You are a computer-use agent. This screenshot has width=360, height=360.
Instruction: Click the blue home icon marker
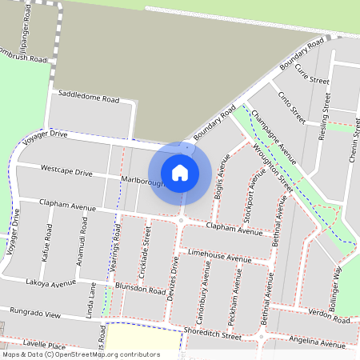click(x=180, y=172)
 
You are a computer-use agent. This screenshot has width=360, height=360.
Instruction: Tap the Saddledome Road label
click(x=94, y=100)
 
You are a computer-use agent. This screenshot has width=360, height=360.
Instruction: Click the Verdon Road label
click(x=329, y=318)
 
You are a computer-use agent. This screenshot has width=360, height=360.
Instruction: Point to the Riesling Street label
click(x=324, y=118)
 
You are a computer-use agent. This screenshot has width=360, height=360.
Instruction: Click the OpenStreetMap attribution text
click(x=81, y=354)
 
